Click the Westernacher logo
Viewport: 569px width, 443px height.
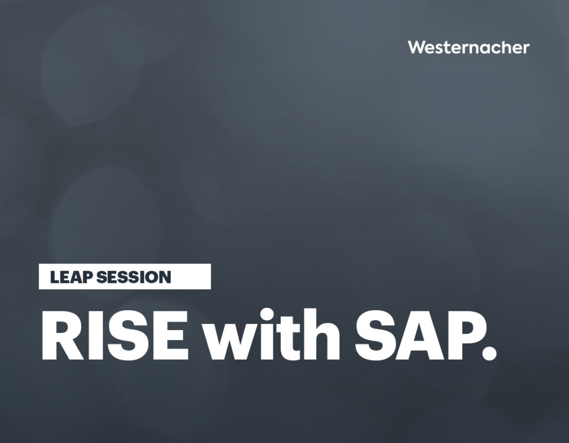tap(468, 47)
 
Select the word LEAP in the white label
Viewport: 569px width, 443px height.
tap(71, 277)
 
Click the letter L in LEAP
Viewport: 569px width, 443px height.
tap(54, 277)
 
